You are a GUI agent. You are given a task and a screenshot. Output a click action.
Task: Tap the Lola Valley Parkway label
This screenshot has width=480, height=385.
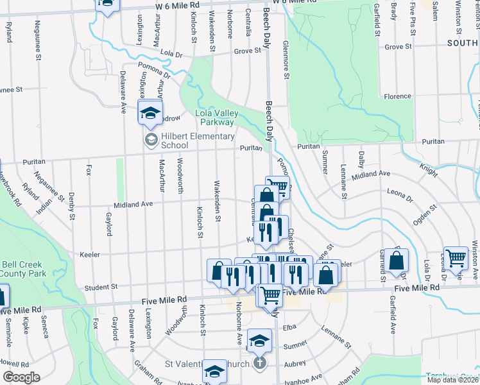point(216,117)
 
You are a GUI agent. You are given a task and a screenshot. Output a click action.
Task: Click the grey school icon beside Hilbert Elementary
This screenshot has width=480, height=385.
point(151,141)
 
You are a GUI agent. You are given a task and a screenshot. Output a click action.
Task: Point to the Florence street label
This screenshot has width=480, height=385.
point(397,96)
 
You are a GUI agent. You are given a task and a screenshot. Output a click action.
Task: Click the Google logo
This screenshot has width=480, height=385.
point(21,377)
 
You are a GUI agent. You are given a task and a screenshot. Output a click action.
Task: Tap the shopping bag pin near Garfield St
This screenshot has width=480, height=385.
point(397,261)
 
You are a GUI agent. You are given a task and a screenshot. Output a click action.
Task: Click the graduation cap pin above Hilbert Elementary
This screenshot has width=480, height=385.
point(150,114)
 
